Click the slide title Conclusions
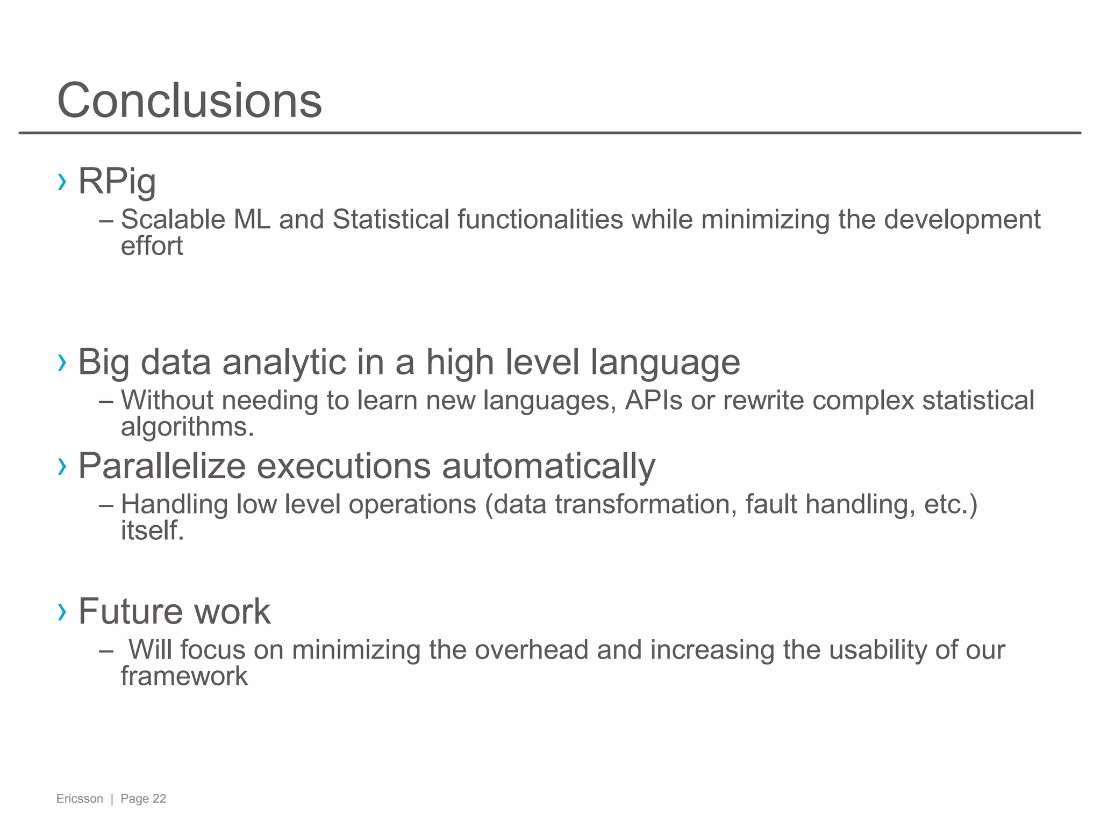point(189,100)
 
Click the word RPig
point(117,182)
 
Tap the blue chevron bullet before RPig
point(62,182)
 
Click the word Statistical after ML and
point(391,220)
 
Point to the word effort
point(152,247)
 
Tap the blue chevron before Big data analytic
point(62,363)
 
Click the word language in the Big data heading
point(665,363)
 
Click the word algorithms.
point(187,428)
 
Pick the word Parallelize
point(162,466)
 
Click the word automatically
point(548,466)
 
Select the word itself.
point(152,531)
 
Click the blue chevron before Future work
point(62,611)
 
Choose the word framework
point(184,676)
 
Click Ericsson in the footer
point(80,799)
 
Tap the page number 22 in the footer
point(159,799)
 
